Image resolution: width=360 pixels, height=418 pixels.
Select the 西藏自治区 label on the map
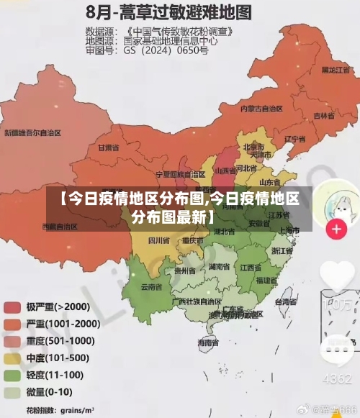point(59,206)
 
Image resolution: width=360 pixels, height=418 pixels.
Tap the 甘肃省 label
point(107,147)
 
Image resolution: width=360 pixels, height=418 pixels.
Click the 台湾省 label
point(285,302)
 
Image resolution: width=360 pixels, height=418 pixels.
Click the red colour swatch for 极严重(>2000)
point(12,307)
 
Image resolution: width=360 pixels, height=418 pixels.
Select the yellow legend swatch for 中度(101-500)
point(12,358)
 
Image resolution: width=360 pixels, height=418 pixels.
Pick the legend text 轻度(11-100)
point(55,375)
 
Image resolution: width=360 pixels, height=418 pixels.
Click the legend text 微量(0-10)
point(50,392)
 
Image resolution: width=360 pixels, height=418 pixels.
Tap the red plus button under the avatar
point(336,230)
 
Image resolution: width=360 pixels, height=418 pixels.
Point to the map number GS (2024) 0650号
point(166,51)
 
